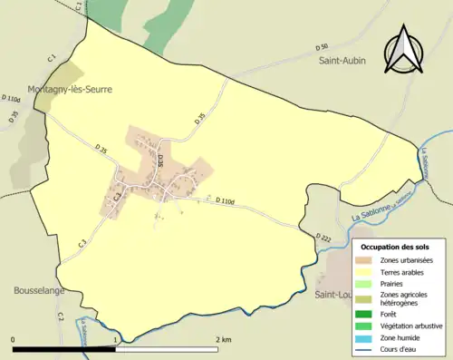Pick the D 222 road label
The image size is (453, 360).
[324, 237]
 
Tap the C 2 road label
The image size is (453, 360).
[60, 316]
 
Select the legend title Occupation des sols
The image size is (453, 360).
[395, 246]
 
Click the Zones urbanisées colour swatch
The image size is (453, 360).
[369, 261]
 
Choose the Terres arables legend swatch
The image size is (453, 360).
[369, 271]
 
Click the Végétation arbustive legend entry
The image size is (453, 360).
[406, 325]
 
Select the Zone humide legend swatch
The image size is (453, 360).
[369, 336]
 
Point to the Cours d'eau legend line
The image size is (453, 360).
[369, 348]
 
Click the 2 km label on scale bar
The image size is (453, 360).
[225, 339]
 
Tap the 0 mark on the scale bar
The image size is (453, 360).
[14, 339]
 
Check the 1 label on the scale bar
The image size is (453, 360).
[115, 339]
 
